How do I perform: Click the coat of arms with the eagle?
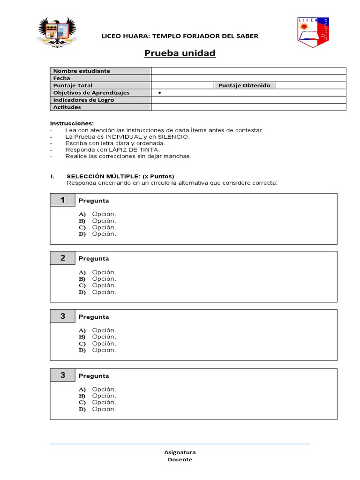coord(57,32)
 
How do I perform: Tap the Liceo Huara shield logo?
coord(313,32)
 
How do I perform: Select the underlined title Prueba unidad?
coord(180,53)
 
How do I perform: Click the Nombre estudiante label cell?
coord(82,71)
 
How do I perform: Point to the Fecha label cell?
coord(61,78)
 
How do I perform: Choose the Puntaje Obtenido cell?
coord(244,85)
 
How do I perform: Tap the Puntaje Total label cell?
coord(73,85)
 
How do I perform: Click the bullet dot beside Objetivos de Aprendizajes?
coord(160,93)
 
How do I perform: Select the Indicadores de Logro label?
coord(83,100)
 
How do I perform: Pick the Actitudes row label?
coord(67,107)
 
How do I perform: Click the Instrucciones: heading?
coord(72,123)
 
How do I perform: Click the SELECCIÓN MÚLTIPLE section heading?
coord(120,176)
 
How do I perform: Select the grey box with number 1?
coord(62,200)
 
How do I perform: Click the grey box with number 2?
coord(62,258)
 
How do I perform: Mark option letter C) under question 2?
coord(82,285)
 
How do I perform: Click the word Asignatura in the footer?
coord(180,452)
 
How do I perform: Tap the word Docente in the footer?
coord(180,460)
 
